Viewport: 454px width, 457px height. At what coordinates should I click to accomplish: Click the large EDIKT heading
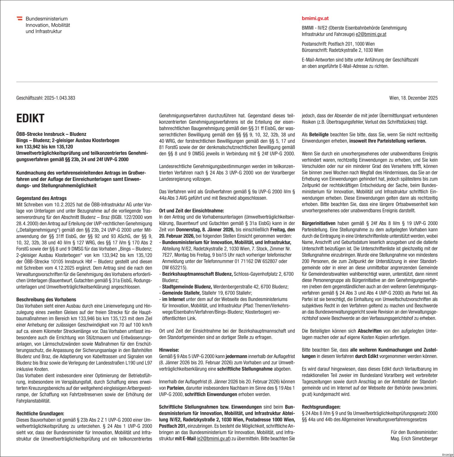tap(30, 118)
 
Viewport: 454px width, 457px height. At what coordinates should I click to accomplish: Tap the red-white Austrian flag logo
tap(20, 18)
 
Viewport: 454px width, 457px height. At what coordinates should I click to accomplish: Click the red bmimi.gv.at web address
tap(315, 18)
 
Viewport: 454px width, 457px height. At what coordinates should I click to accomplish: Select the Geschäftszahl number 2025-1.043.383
tap(60, 98)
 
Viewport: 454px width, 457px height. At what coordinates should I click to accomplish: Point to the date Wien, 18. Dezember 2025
tap(413, 98)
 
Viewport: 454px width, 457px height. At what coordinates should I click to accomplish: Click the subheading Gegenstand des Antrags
tap(41, 198)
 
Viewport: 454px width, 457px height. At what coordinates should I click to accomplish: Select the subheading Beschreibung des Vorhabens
tap(46, 300)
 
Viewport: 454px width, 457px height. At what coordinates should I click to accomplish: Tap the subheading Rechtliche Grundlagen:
tap(40, 414)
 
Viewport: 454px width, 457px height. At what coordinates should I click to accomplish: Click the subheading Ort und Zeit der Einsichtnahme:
tap(191, 211)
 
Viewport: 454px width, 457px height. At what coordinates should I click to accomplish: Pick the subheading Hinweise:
tap(169, 350)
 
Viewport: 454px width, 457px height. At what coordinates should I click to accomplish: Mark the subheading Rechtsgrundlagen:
tap(321, 407)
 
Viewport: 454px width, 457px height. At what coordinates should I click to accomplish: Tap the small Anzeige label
tap(447, 454)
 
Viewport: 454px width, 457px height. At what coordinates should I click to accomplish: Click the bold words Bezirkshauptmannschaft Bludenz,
tap(197, 274)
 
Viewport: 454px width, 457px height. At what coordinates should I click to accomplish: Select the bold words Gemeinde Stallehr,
tap(181, 293)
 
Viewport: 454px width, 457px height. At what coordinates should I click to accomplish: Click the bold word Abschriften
tap(370, 331)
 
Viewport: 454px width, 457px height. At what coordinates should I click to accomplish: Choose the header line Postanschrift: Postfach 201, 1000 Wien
tap(338, 44)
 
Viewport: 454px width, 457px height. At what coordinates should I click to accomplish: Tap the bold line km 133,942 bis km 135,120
tap(44, 147)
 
